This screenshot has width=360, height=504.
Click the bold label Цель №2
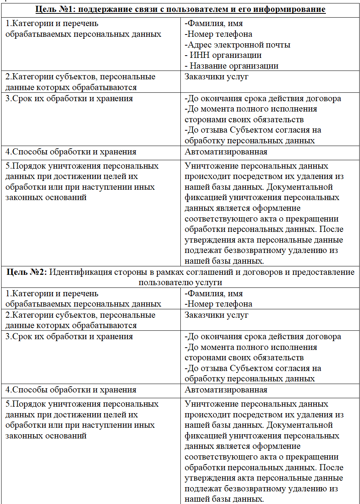point(26,272)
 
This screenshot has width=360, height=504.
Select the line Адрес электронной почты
point(237,45)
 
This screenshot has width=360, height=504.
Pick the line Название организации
point(234,66)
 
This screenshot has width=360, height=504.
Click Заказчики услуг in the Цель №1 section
point(216,77)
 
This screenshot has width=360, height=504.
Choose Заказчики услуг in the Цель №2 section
point(216,315)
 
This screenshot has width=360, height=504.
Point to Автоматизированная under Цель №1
point(226,152)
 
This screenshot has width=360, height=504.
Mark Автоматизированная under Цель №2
point(226,390)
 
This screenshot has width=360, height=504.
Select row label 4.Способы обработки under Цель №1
point(71,152)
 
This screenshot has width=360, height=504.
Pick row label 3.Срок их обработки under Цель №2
point(69,337)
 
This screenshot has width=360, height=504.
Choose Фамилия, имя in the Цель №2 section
point(214,294)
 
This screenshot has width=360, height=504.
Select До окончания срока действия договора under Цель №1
point(263,99)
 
